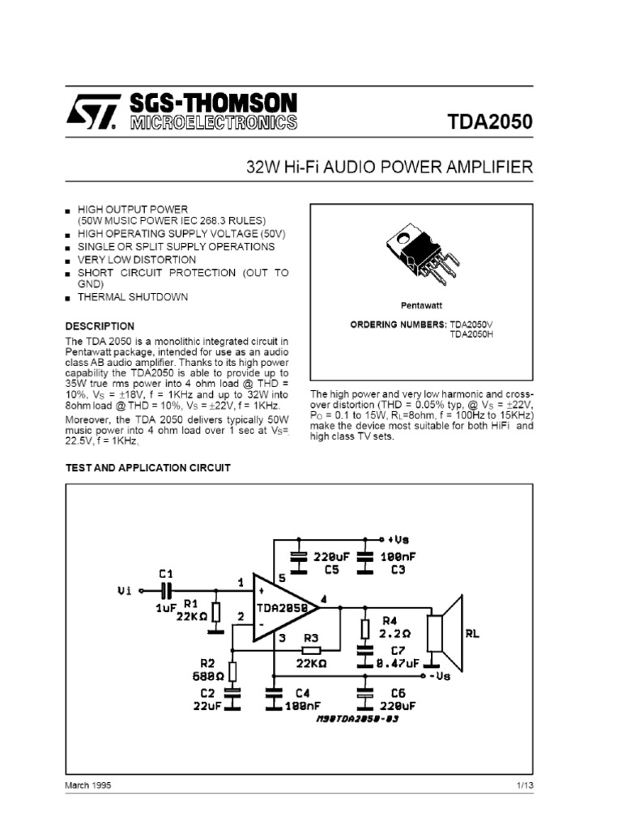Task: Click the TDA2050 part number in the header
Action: pos(490,122)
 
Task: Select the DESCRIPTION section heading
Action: pos(100,325)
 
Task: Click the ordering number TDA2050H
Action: pos(471,334)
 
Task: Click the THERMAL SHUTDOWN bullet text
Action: pos(133,297)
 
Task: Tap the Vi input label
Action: pos(123,591)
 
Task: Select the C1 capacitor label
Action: pos(165,573)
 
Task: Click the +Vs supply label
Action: pos(400,538)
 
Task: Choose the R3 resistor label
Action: pos(310,637)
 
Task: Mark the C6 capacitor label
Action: pos(398,693)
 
